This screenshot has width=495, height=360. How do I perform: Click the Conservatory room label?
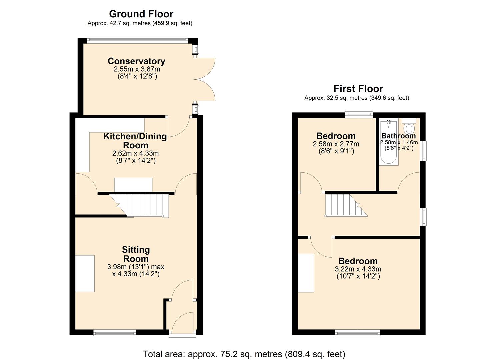(136, 61)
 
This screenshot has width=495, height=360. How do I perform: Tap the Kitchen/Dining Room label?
(135, 141)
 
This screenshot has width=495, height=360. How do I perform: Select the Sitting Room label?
(136, 254)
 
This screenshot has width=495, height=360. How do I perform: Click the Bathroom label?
(398, 136)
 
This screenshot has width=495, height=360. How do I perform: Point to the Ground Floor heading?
(141, 14)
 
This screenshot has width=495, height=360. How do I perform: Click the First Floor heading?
(358, 89)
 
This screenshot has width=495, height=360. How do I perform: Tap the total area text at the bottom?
(244, 354)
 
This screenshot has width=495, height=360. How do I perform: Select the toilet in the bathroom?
(409, 127)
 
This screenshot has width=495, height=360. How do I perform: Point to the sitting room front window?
(115, 332)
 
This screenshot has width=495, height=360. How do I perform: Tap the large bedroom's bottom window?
(357, 332)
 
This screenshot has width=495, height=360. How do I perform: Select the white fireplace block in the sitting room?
(85, 273)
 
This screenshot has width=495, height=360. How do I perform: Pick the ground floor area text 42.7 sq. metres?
(140, 23)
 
